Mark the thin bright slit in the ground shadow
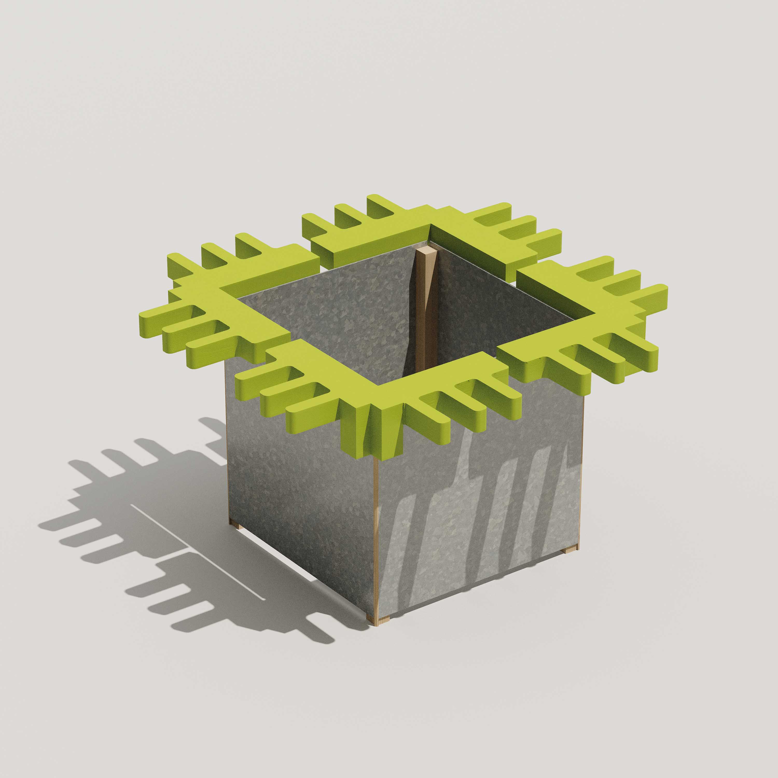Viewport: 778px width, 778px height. tap(193, 556)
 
